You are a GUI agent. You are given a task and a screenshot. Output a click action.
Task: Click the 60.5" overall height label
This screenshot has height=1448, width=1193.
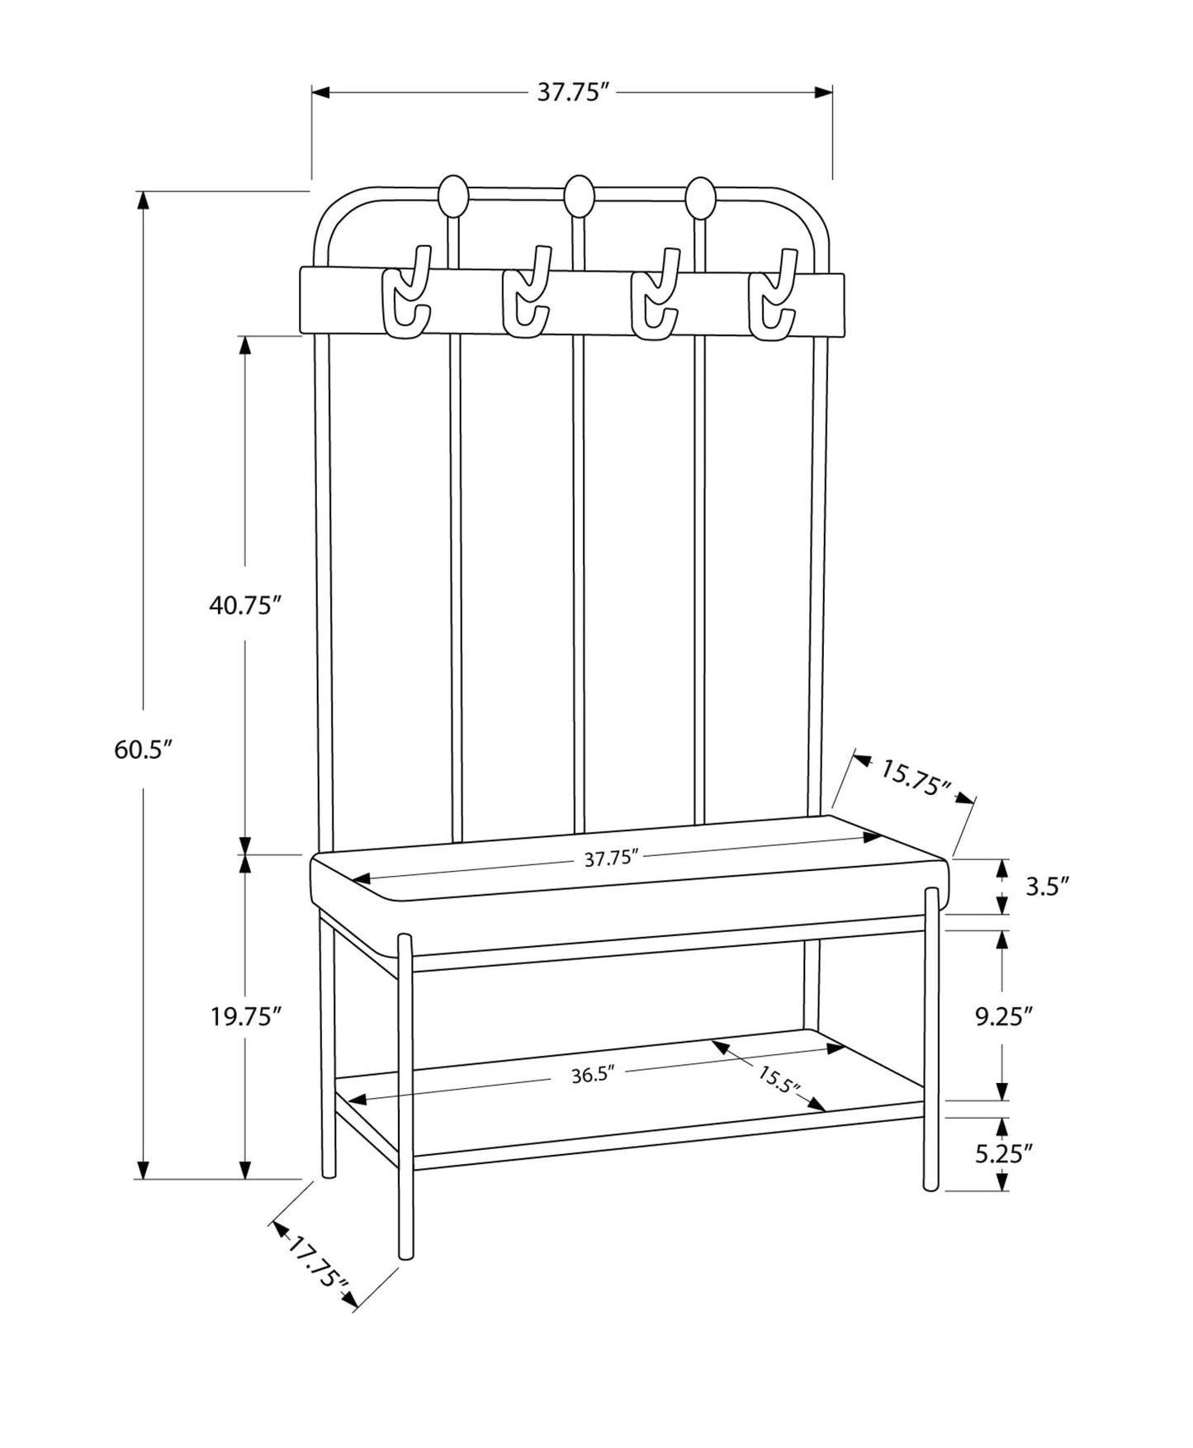(x=142, y=750)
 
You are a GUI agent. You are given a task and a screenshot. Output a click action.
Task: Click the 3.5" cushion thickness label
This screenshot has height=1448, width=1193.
(x=1047, y=887)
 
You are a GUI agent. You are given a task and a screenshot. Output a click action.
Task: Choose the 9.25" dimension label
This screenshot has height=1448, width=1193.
(x=1004, y=1016)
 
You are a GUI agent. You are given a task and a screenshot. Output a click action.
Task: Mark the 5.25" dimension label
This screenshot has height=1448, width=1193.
(x=1004, y=1153)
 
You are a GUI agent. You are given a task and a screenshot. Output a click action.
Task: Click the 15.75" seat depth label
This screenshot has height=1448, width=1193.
(x=916, y=778)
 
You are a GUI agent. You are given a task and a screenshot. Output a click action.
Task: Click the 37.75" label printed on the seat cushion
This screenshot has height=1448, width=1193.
(x=613, y=859)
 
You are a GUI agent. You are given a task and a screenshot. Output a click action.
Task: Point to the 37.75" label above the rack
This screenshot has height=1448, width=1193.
(x=573, y=92)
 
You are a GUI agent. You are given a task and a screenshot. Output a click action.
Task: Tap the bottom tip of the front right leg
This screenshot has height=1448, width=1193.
(x=931, y=1186)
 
